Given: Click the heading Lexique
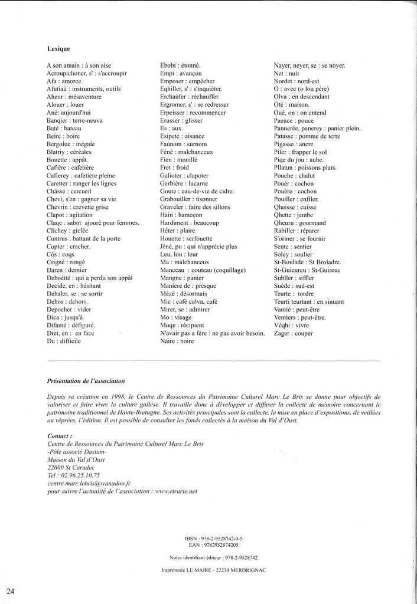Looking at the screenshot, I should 59,49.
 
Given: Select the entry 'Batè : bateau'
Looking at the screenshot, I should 64,128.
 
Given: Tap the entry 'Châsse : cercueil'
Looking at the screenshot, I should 69,191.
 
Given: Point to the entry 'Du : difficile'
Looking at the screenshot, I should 63,342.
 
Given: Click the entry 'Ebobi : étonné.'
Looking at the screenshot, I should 181,65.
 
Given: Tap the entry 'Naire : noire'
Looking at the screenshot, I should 177,342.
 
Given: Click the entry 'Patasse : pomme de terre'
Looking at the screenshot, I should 307,136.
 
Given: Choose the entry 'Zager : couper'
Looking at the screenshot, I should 293,333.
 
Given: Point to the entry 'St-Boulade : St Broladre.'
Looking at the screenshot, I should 307,262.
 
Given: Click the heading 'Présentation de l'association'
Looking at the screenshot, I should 86,381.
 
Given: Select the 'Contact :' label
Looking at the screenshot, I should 59,436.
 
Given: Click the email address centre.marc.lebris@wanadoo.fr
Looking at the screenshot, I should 88,482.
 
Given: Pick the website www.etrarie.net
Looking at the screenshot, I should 176,491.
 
